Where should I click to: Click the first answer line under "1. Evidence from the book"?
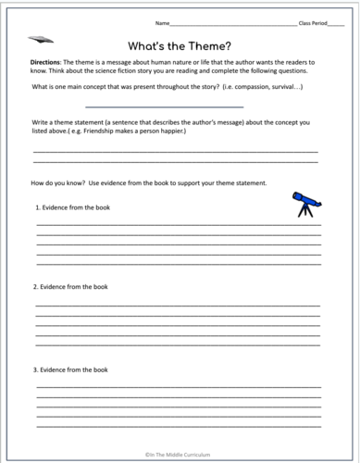click(179, 224)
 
